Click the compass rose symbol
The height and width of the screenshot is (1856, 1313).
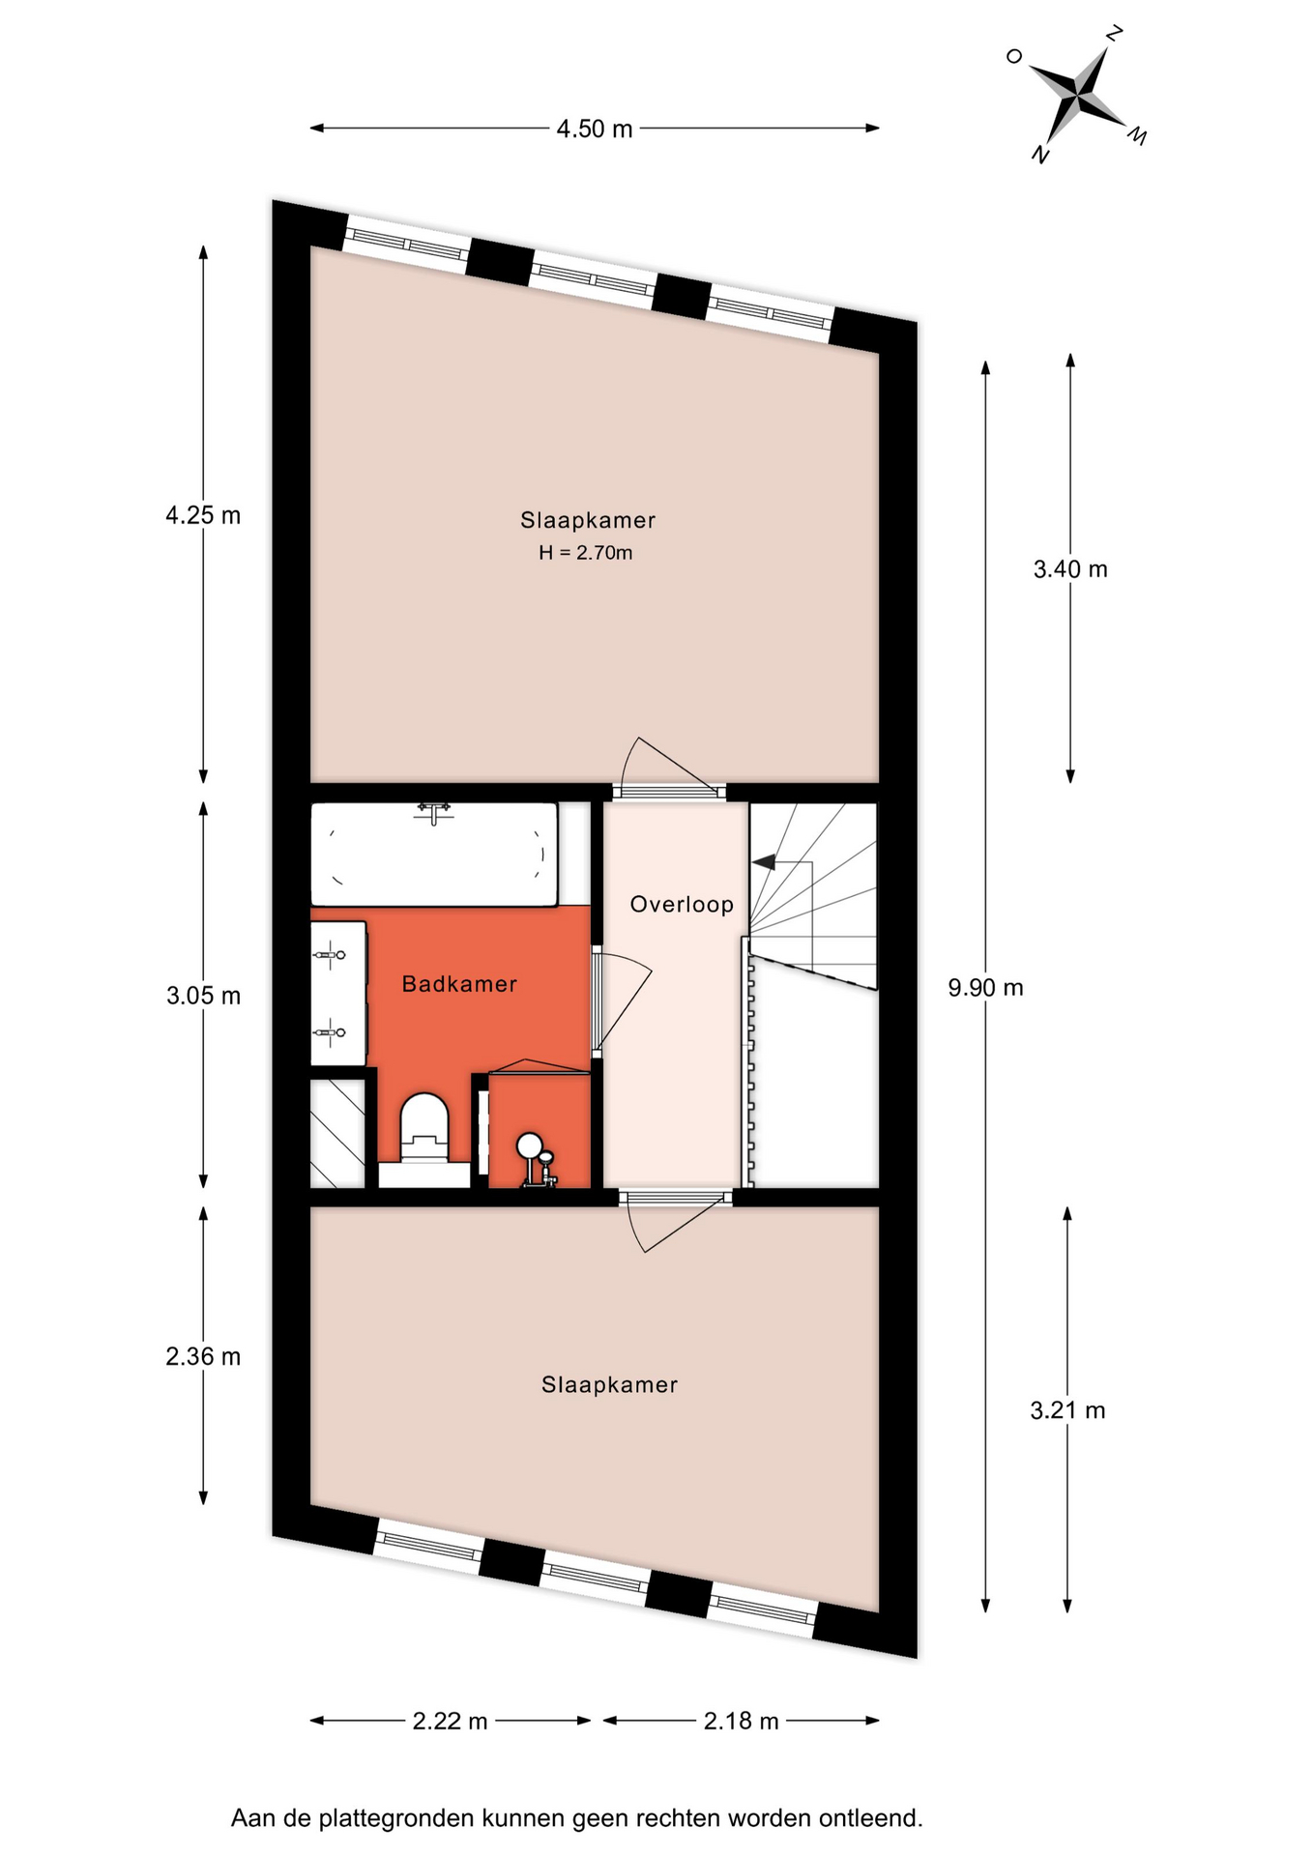pos(1076,94)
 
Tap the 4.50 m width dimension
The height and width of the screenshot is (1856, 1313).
pos(594,129)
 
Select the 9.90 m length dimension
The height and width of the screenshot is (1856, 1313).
pos(985,987)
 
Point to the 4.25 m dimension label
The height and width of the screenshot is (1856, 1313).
pos(203,515)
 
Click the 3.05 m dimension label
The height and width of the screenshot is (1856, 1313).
pos(203,996)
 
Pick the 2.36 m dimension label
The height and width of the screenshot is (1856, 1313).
pos(203,1356)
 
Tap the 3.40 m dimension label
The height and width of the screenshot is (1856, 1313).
pos(1070,569)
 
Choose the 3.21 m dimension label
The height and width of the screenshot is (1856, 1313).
pos(1067,1410)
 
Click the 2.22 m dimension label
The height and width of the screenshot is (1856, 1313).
pos(450,1721)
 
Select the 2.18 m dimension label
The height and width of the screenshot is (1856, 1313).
pos(741,1721)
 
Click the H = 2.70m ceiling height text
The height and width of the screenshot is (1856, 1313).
pos(586,553)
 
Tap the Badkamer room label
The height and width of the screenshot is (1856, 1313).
pos(459,984)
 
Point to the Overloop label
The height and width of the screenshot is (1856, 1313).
pos(682,905)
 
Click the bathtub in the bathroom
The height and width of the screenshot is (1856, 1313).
pos(434,855)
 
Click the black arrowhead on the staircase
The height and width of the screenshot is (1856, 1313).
pos(765,861)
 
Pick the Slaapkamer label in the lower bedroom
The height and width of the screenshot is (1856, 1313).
pos(609,1384)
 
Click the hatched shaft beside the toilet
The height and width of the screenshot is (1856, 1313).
pos(337,1134)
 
